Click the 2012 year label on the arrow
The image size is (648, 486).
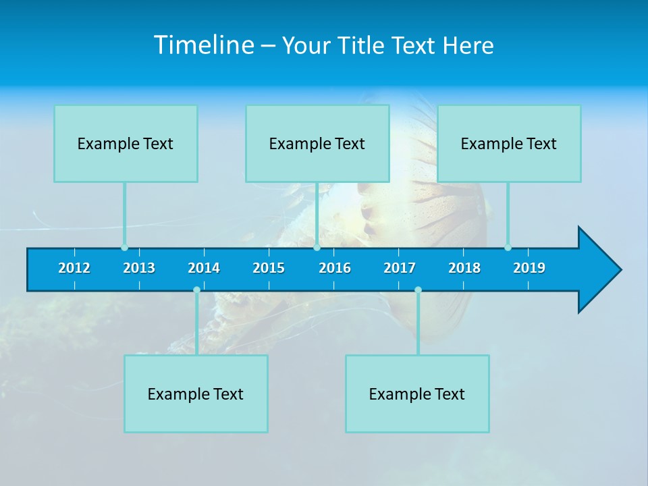[74, 268]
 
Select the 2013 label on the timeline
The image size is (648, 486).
[139, 268]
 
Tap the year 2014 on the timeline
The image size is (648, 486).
[204, 268]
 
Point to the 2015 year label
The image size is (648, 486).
[269, 268]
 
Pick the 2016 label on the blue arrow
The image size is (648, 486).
[335, 268]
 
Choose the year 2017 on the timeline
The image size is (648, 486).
[400, 268]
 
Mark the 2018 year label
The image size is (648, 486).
[464, 268]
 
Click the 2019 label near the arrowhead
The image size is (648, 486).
[529, 268]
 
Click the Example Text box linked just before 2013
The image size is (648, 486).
[126, 144]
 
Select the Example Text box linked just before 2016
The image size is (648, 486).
[317, 144]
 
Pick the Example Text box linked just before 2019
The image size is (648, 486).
[509, 144]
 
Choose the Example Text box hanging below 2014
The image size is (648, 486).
[196, 394]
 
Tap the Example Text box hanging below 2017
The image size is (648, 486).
[417, 394]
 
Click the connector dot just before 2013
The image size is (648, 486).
[124, 248]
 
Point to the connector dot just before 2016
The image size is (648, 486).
[317, 248]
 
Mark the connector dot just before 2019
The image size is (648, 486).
[508, 248]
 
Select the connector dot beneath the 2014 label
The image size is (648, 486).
[196, 290]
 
